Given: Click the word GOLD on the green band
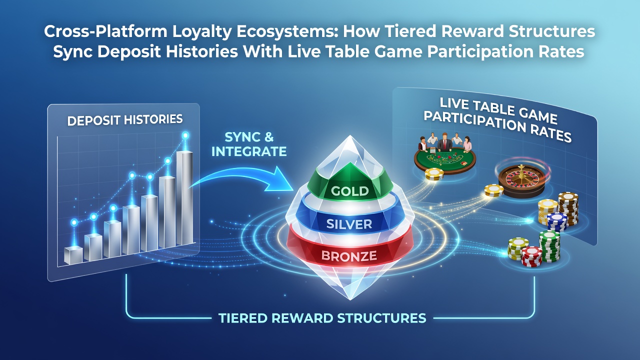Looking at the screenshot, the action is tap(350, 191).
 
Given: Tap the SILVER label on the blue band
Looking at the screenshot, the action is tap(349, 224).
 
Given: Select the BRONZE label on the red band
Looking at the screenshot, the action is tap(349, 256).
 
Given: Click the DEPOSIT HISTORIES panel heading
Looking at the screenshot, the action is tap(125, 120).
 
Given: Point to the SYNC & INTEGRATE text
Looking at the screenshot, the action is tap(249, 144).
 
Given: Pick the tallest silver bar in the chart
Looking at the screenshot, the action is tap(184, 198).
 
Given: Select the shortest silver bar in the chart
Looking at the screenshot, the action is tap(73, 255).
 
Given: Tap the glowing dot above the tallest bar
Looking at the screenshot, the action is tap(185, 135).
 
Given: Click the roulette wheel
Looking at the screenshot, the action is tap(521, 181).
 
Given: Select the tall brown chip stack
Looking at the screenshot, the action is tap(568, 208).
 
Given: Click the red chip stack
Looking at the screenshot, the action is tap(531, 256).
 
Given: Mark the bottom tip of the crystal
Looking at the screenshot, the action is tap(350, 299).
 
